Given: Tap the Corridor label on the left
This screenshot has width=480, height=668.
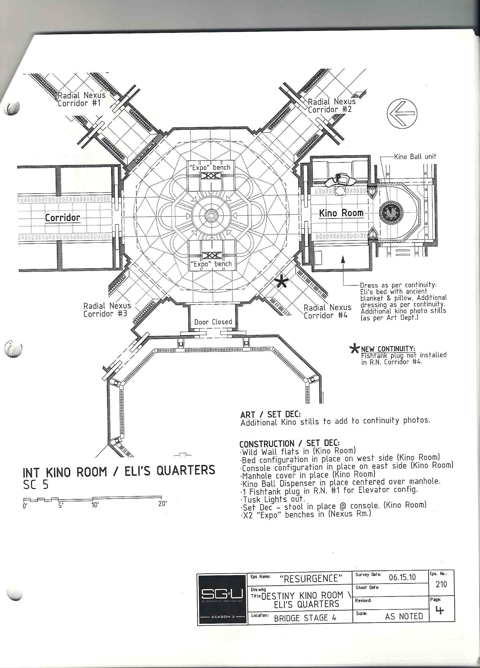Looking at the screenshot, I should pos(62,218).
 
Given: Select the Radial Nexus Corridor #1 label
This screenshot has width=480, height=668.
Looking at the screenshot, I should pos(81,99).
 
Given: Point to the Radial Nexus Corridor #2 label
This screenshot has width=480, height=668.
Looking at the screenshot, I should pos(332,106).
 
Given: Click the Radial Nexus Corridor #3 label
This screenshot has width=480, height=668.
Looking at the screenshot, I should pos(107,310).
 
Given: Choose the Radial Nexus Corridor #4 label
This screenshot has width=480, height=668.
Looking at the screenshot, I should pos(327,312).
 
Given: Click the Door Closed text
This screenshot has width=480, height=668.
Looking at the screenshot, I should pos(213,322).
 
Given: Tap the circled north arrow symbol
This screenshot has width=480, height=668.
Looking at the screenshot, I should pos(402,113).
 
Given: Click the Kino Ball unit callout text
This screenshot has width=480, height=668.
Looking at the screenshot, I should pos(415,157).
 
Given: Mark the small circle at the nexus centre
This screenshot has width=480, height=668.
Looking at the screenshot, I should pos(211,216).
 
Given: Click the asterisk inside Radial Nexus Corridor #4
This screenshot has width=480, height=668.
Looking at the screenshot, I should pos(282,282).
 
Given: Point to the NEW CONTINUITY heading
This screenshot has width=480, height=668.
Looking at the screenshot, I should pos(388,349).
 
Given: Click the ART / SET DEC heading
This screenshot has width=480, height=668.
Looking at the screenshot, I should pos(271,414).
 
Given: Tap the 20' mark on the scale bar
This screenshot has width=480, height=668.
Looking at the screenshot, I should pos(162,504).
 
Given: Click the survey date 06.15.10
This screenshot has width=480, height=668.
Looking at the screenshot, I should pos(402,577).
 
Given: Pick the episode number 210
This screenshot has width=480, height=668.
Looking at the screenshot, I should pos(441,584).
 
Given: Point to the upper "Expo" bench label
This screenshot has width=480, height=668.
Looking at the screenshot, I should pos(210,167).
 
